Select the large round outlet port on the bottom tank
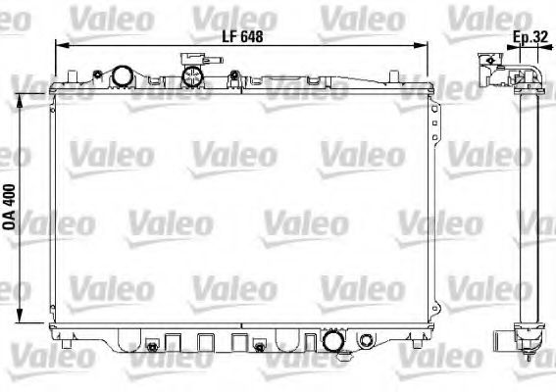332,342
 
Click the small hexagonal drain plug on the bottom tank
366,341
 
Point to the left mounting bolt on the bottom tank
151,346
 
